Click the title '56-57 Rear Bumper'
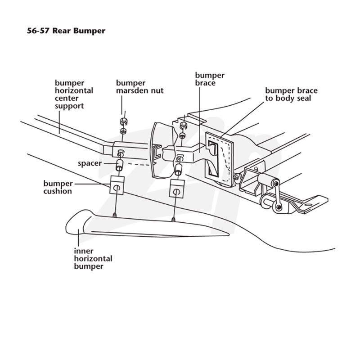tap(66, 31)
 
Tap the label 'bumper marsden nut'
tap(139, 86)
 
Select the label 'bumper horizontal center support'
tap(74, 94)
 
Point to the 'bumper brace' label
tap(210, 79)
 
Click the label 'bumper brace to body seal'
tap(291, 94)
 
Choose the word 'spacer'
tap(90, 163)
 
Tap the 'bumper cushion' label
tap(58, 187)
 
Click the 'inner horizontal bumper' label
tap(93, 258)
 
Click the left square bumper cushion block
tap(117, 185)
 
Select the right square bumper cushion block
tap(177, 188)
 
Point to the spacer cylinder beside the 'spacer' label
tap(119, 165)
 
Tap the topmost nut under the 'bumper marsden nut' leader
tap(123, 121)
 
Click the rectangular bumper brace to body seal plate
tap(219, 158)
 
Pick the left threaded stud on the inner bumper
tap(114, 215)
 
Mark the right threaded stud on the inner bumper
tap(174, 220)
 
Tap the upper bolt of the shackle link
tap(277, 184)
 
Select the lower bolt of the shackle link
tap(279, 207)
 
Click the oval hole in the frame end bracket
tap(309, 204)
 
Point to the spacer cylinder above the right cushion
tap(179, 170)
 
